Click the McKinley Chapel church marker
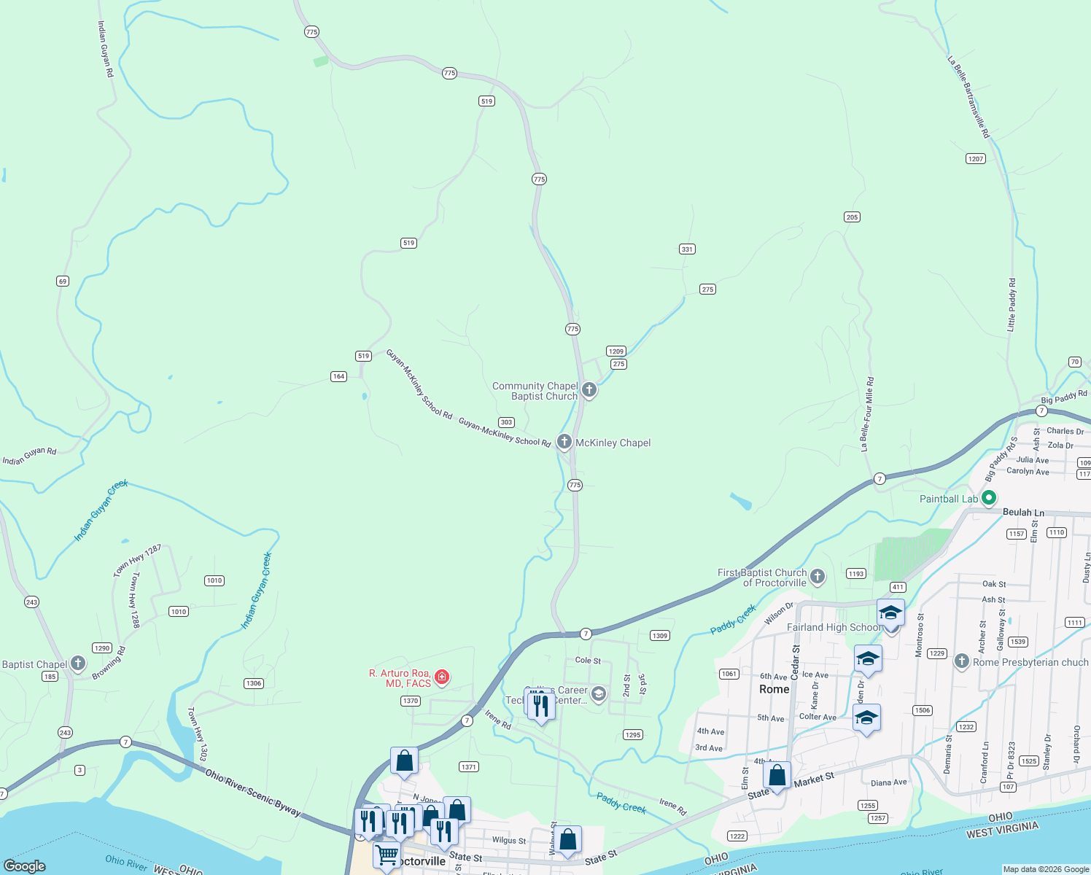coord(564,442)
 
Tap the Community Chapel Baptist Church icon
coord(589,390)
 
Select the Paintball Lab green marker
coord(989,499)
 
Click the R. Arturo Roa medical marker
coord(441,677)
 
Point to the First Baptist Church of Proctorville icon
coord(818,577)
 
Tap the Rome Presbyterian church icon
coord(961,661)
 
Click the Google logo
coord(25,866)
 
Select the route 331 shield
coord(687,249)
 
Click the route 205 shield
coord(852,217)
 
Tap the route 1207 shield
coord(976,159)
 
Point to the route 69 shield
coord(63,281)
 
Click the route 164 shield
coord(338,377)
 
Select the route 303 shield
coord(506,423)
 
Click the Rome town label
coord(774,689)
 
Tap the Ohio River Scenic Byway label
coord(252,792)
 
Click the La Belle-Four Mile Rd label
coord(866,414)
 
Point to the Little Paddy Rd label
coord(1012,305)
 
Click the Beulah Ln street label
coord(1023,513)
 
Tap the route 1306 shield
coord(253,683)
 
